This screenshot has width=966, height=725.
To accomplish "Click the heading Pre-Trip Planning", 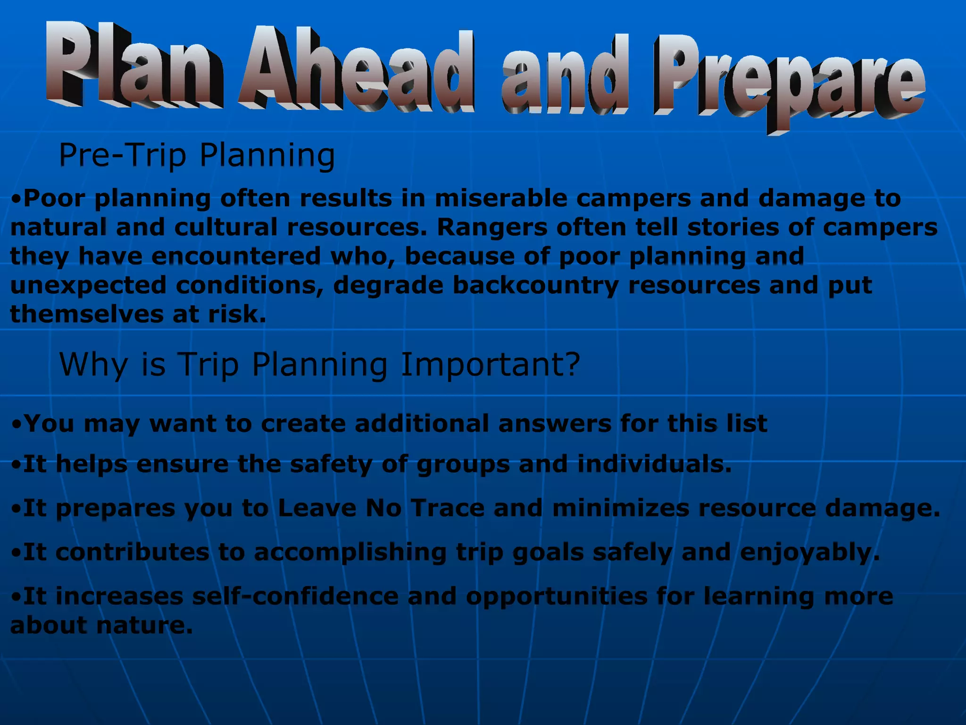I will [x=197, y=156].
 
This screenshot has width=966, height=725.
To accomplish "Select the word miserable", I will [x=500, y=198].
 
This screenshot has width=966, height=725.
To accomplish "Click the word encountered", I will [x=236, y=256].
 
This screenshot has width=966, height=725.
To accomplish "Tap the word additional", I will [x=421, y=423].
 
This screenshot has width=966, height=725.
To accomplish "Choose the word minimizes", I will [x=620, y=508].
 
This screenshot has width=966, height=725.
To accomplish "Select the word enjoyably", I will [x=809, y=553].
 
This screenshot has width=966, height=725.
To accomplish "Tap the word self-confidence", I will [x=295, y=596].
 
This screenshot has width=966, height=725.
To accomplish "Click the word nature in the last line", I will [x=144, y=625].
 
